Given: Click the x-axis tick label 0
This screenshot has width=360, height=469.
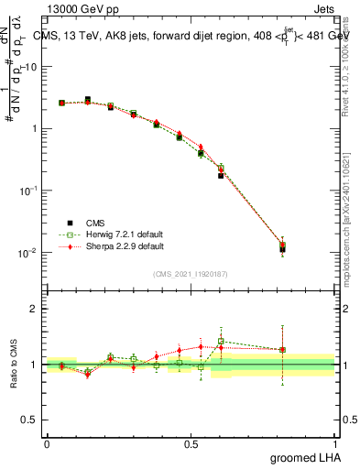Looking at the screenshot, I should coord(47,443).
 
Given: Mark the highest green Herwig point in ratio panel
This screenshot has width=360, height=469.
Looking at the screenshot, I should coord(221,341).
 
